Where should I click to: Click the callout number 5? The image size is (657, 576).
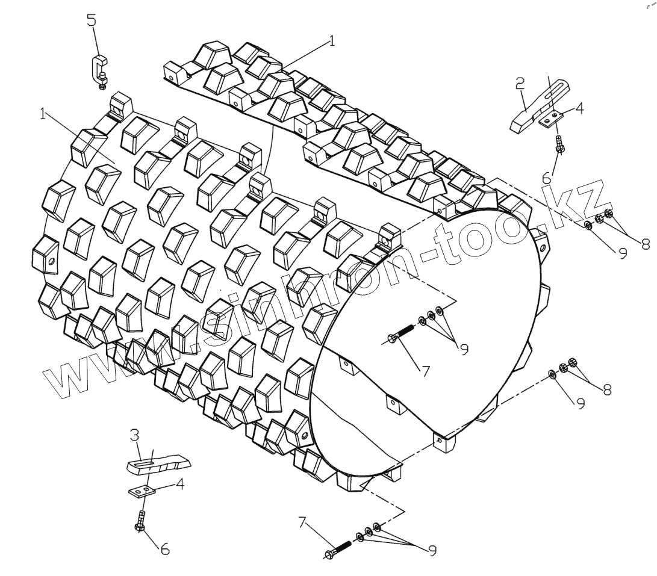pos(91,20)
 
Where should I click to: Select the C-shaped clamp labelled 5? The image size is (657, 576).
pos(98,69)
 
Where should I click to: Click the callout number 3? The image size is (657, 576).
pos(135,435)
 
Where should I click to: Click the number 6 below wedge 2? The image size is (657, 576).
pos(546,178)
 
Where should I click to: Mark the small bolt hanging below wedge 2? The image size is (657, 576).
pos(560,145)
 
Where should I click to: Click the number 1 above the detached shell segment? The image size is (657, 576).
pos(331,41)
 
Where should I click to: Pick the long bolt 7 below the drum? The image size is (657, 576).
pos(340,549)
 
